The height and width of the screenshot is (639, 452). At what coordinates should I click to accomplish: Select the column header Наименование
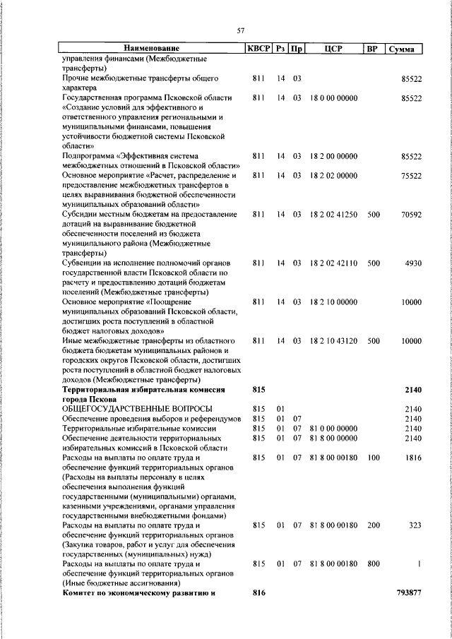(x=151, y=49)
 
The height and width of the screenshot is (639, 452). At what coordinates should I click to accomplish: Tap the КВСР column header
(x=258, y=49)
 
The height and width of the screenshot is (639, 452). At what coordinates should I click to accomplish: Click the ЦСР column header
(x=333, y=49)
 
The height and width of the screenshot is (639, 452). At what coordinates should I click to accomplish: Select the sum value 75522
(x=410, y=175)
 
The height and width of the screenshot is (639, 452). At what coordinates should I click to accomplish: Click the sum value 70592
(x=410, y=213)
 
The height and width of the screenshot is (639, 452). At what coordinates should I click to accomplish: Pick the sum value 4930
(x=413, y=263)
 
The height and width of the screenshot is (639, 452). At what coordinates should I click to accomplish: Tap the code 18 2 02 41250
(x=333, y=213)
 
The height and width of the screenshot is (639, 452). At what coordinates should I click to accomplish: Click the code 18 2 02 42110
(x=333, y=263)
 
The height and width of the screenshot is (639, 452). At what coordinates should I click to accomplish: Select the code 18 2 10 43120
(x=333, y=340)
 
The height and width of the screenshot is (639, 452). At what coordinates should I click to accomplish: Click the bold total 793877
(x=409, y=593)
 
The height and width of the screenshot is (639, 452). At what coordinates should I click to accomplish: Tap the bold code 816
(x=258, y=593)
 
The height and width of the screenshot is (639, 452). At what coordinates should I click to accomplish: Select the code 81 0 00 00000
(x=333, y=428)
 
